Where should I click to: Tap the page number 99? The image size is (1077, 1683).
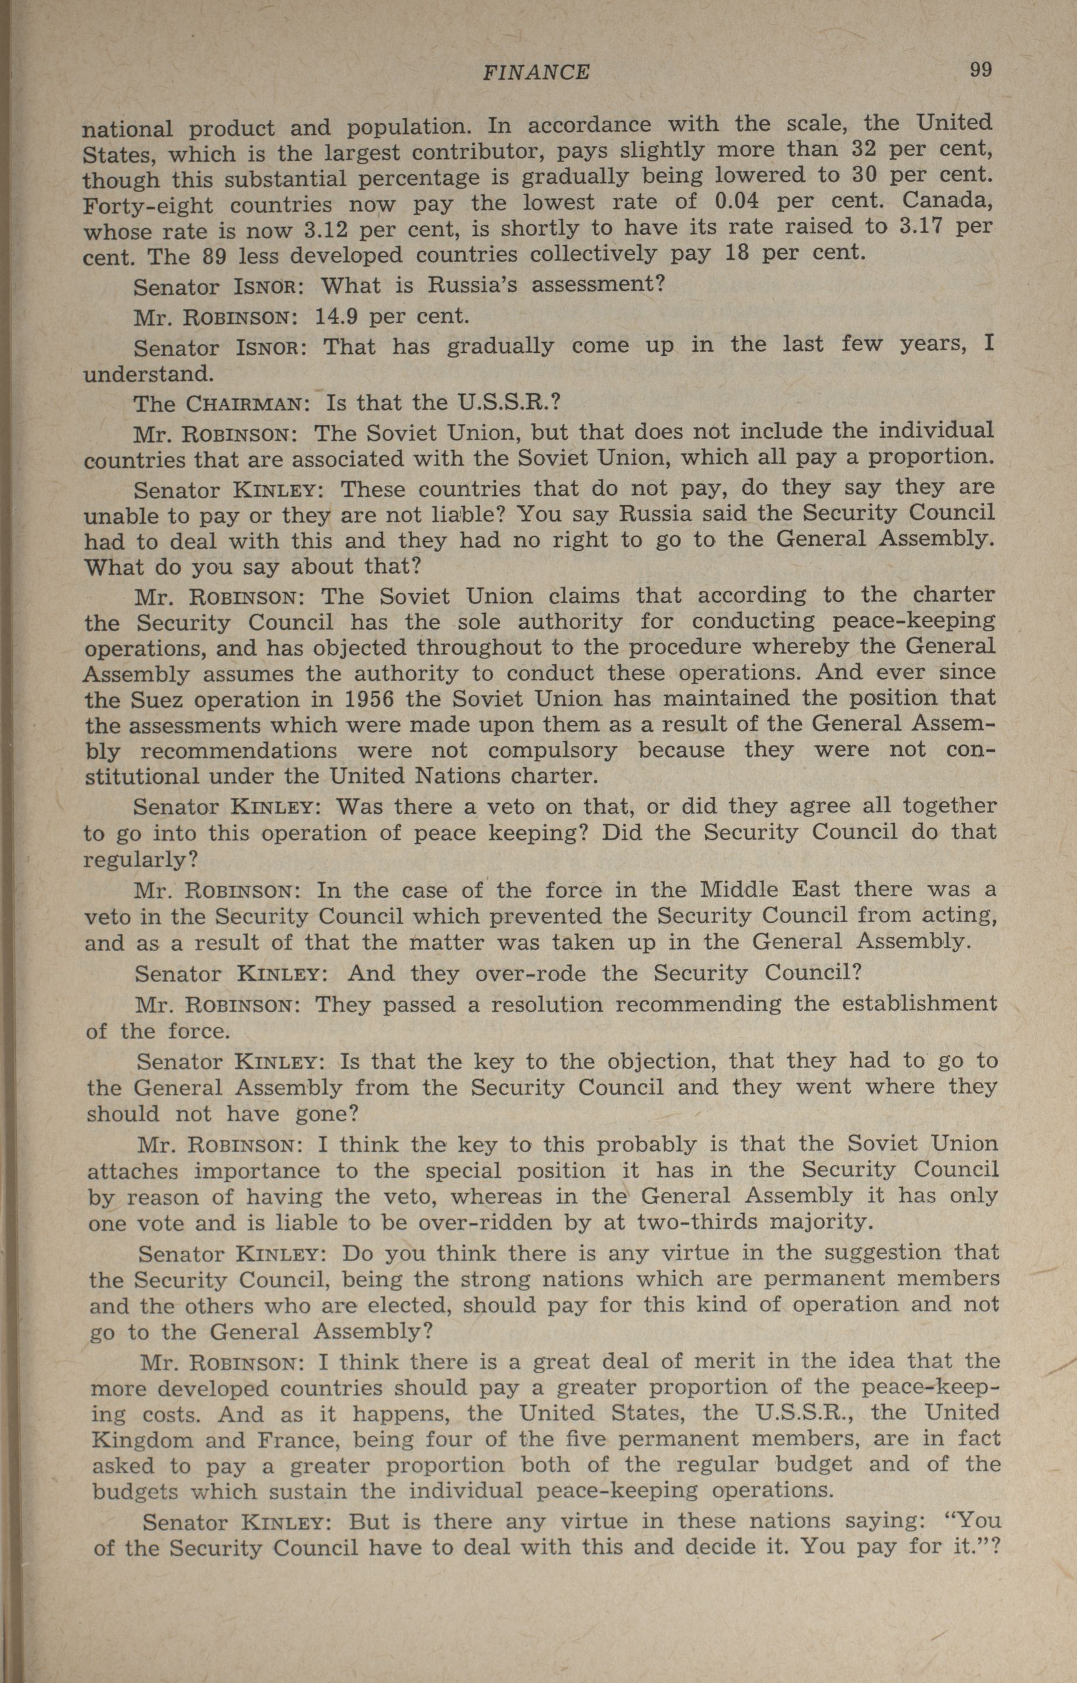click(x=980, y=69)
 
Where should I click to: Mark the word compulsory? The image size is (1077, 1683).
click(x=553, y=750)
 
